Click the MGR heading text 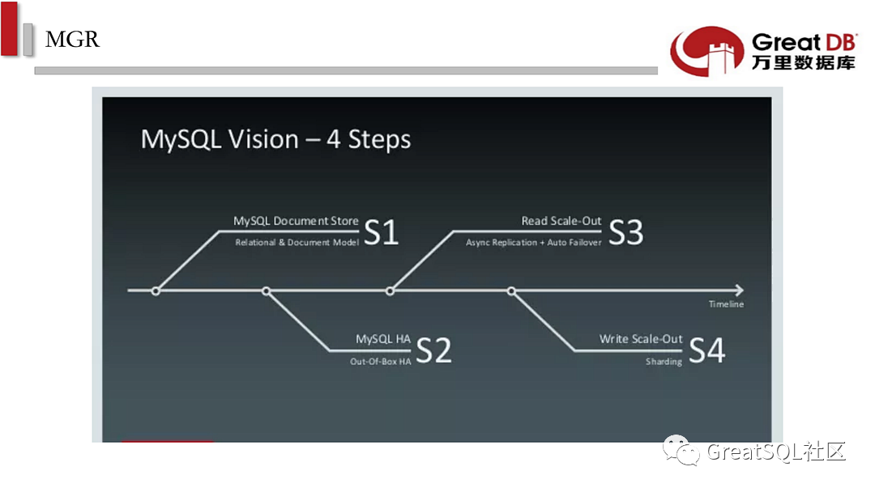pyautogui.click(x=72, y=39)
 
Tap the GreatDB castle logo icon pyautogui.click(x=707, y=51)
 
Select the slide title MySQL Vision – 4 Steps pyautogui.click(x=275, y=139)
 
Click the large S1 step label pyautogui.click(x=381, y=231)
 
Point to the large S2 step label pyautogui.click(x=433, y=350)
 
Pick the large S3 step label pyautogui.click(x=625, y=231)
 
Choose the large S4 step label pyautogui.click(x=707, y=350)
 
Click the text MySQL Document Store pyautogui.click(x=296, y=221)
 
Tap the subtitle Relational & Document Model pyautogui.click(x=297, y=243)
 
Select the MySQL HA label pyautogui.click(x=382, y=339)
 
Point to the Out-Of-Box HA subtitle pyautogui.click(x=381, y=362)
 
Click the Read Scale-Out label pyautogui.click(x=561, y=221)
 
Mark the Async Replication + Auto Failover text pyautogui.click(x=533, y=243)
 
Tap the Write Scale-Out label pyautogui.click(x=641, y=339)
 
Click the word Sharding pyautogui.click(x=664, y=362)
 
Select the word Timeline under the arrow pyautogui.click(x=726, y=304)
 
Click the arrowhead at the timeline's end pyautogui.click(x=740, y=291)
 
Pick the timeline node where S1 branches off pyautogui.click(x=156, y=291)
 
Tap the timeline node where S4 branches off pyautogui.click(x=511, y=291)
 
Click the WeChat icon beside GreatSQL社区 pyautogui.click(x=681, y=450)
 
